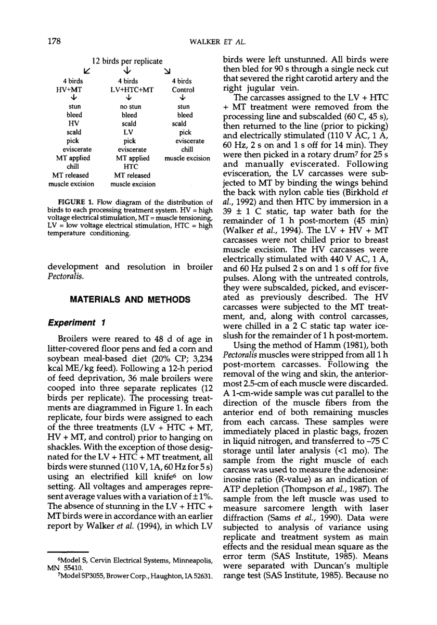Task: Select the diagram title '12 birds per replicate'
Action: (x=127, y=61)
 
